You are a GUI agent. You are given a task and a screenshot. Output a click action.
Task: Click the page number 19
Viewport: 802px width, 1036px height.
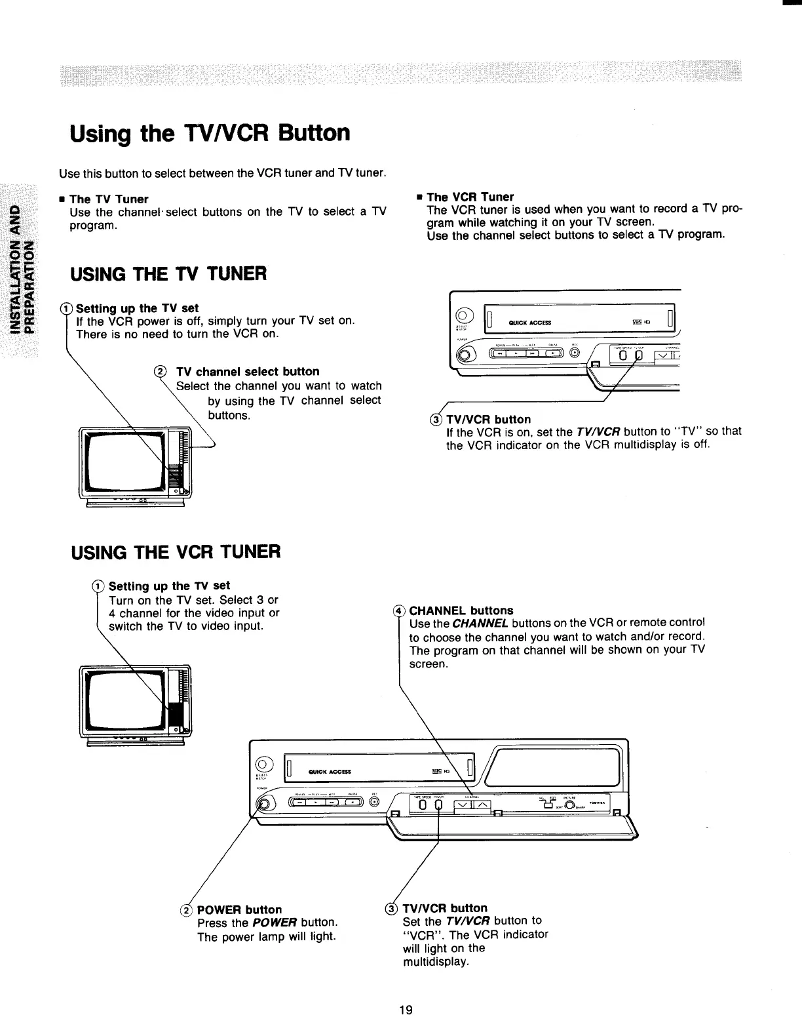click(406, 1010)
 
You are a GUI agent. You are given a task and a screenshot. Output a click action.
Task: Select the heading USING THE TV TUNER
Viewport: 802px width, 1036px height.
click(168, 273)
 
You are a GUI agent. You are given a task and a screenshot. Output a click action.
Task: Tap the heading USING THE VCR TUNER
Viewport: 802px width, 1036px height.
click(176, 551)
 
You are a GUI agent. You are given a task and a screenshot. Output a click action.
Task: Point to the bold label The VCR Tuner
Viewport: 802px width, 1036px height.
click(470, 197)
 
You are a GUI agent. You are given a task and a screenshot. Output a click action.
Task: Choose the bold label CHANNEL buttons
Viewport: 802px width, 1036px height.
click(461, 610)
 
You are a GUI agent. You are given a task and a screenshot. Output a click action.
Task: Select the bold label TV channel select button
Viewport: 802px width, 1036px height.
click(248, 371)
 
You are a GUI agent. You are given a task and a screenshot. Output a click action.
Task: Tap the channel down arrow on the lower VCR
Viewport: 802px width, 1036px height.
click(463, 805)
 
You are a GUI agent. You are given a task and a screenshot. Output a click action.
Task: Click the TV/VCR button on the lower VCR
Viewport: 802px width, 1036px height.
click(438, 805)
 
